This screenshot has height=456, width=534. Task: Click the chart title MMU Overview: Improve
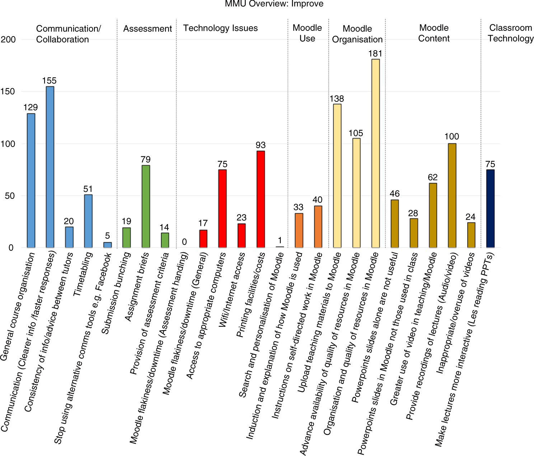tap(274, 4)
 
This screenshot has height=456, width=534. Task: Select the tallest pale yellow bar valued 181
tap(375, 153)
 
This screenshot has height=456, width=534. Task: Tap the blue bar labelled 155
tap(50, 167)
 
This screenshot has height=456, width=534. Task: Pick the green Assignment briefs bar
tap(146, 206)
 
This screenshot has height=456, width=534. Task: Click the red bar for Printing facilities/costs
tap(261, 199)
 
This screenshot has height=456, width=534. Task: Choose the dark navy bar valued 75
tap(490, 209)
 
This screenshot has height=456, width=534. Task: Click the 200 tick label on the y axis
tap(8, 39)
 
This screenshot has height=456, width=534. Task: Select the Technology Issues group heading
tap(220, 28)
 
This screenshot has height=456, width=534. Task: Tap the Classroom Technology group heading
tap(511, 33)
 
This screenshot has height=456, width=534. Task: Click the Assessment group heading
tap(147, 29)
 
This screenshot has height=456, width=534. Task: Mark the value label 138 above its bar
tap(337, 99)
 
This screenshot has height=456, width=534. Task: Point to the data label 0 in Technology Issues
tap(184, 242)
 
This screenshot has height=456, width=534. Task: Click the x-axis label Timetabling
tap(83, 274)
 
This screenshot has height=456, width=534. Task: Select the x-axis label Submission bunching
tap(116, 293)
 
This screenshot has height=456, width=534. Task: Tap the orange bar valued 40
tap(318, 227)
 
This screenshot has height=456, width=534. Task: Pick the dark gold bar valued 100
tap(452, 195)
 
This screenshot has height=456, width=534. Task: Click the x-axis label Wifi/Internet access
tap(232, 290)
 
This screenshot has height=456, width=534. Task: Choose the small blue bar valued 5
tap(108, 245)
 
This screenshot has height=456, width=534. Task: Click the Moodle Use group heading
tap(307, 33)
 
